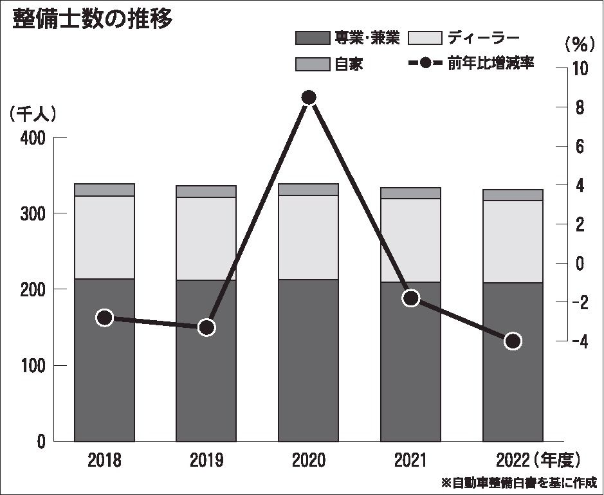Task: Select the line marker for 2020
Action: [x=309, y=97]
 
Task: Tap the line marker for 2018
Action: [x=105, y=318]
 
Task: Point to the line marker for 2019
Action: [x=206, y=327]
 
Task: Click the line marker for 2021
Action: [x=410, y=298]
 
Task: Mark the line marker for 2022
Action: [x=513, y=341]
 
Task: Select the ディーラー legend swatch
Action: [x=425, y=38]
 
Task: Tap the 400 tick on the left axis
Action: [x=32, y=138]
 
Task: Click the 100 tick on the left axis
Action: [x=32, y=365]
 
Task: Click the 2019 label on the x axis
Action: [x=206, y=460]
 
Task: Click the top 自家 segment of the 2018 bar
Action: [x=104, y=190]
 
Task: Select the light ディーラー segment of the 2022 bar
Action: [x=513, y=242]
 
